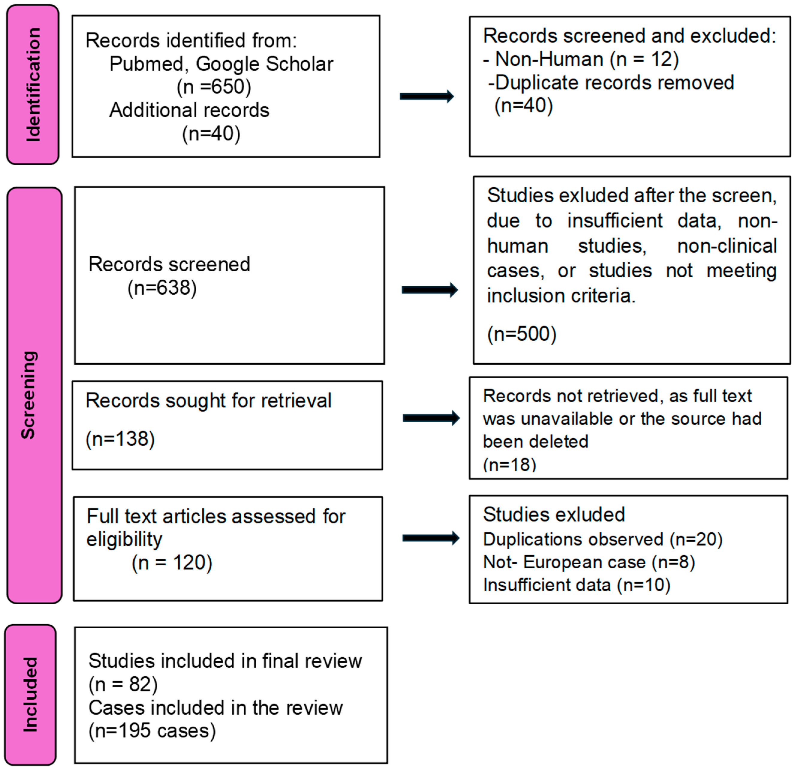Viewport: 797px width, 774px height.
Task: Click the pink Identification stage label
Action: point(33,85)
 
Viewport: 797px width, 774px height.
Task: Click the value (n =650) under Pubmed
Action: point(214,87)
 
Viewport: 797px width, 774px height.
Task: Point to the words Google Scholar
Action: point(264,64)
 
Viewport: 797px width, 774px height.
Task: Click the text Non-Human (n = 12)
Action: point(586,59)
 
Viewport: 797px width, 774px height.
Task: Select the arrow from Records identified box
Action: point(427,97)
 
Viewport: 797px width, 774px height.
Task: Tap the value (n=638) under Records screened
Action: point(162,288)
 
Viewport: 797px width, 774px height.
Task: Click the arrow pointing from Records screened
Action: point(430,290)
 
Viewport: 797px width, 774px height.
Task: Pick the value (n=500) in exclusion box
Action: point(522,334)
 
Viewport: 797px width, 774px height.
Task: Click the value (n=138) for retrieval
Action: point(120,439)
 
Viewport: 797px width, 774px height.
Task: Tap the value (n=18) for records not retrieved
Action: point(510,464)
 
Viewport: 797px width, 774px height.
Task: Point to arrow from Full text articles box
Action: point(431,538)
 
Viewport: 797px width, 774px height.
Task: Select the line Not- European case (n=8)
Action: point(589,562)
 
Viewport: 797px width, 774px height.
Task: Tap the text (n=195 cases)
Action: point(152,731)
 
